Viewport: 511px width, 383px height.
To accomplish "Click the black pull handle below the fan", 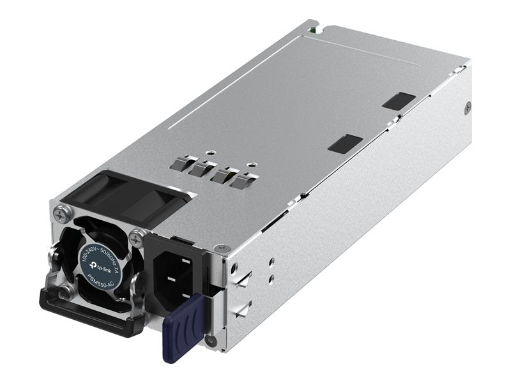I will pos(89,317).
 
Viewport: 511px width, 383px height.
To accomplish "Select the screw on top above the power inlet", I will pos(220,248).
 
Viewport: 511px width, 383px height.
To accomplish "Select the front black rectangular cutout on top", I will pos(345,143).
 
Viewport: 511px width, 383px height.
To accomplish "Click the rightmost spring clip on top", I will pos(241,182).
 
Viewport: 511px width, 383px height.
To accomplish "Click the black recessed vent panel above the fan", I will pos(128,195).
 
